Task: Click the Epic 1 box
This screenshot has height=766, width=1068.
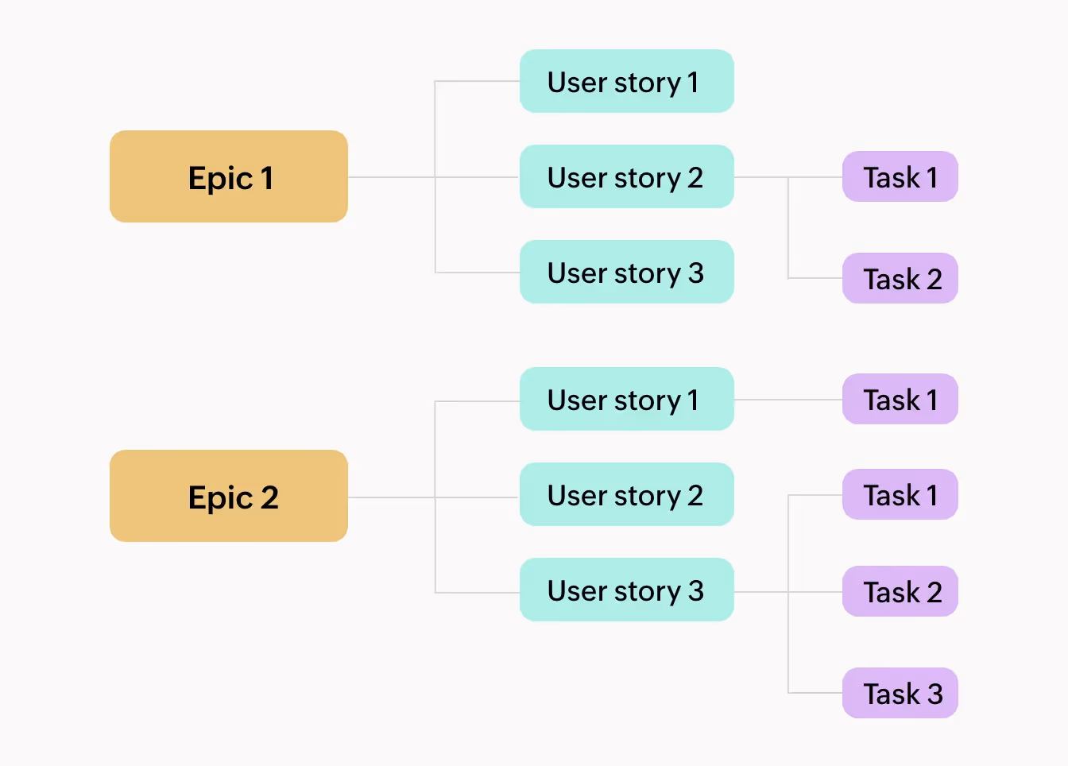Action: point(229,176)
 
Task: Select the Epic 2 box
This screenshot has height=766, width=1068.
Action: point(229,496)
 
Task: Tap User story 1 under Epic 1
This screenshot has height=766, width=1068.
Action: point(626,81)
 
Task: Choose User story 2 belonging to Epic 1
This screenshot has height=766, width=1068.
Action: point(626,176)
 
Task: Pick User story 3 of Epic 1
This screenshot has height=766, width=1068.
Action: point(626,272)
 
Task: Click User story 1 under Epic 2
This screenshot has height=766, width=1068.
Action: point(626,399)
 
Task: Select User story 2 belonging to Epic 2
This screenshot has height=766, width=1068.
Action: point(626,494)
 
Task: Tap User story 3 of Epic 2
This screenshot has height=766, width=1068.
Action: point(626,590)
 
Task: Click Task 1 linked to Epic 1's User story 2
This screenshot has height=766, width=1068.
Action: point(900,176)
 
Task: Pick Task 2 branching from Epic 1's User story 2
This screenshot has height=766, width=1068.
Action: point(900,278)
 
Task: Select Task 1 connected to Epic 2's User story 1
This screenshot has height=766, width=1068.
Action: point(900,399)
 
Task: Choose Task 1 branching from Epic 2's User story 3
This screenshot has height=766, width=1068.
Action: point(900,494)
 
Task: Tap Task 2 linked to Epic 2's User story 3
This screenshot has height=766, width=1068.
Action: point(900,591)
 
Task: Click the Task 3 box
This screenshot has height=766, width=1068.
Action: point(900,693)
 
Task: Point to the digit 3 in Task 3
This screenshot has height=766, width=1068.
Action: point(934,694)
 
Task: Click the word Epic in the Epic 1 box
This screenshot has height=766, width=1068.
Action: point(220,179)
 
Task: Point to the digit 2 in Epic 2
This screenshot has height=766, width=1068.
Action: point(269,498)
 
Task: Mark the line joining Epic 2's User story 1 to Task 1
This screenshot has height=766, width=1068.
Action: point(787,400)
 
